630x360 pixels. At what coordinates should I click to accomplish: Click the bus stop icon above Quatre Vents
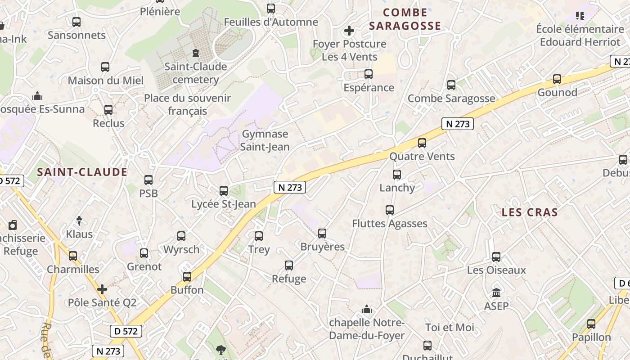pos(422,143)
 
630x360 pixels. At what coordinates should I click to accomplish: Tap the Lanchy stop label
pos(397,188)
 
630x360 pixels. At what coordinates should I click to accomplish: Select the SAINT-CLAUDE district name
pos(82,172)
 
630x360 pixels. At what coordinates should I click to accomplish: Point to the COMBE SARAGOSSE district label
pos(405,19)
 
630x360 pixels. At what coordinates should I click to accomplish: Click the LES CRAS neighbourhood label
pos(530,212)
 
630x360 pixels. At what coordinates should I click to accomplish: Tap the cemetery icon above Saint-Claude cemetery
pos(195,53)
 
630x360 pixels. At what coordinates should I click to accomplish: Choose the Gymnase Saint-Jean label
pos(265,140)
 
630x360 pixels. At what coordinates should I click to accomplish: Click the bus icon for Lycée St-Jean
pos(223,190)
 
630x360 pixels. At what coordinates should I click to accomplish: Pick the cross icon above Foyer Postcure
pos(349,31)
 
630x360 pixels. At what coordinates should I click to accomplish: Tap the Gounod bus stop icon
pos(557,79)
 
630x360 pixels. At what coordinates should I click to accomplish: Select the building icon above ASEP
pos(496,293)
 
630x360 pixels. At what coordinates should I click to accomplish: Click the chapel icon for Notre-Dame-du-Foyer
pos(367,310)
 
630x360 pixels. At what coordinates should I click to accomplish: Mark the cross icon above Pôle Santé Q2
pos(102,289)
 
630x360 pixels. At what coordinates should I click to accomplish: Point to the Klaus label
pos(79,234)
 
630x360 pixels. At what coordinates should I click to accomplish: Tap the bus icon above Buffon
pos(187,277)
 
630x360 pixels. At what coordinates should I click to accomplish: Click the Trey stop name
pos(259,249)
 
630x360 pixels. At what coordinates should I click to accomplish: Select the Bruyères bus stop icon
pos(322,233)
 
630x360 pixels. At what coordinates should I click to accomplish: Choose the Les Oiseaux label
pos(496,270)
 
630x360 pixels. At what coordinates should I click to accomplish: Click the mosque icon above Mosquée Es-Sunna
pos(37,96)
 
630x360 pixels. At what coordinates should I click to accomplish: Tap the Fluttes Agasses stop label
pos(390,223)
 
